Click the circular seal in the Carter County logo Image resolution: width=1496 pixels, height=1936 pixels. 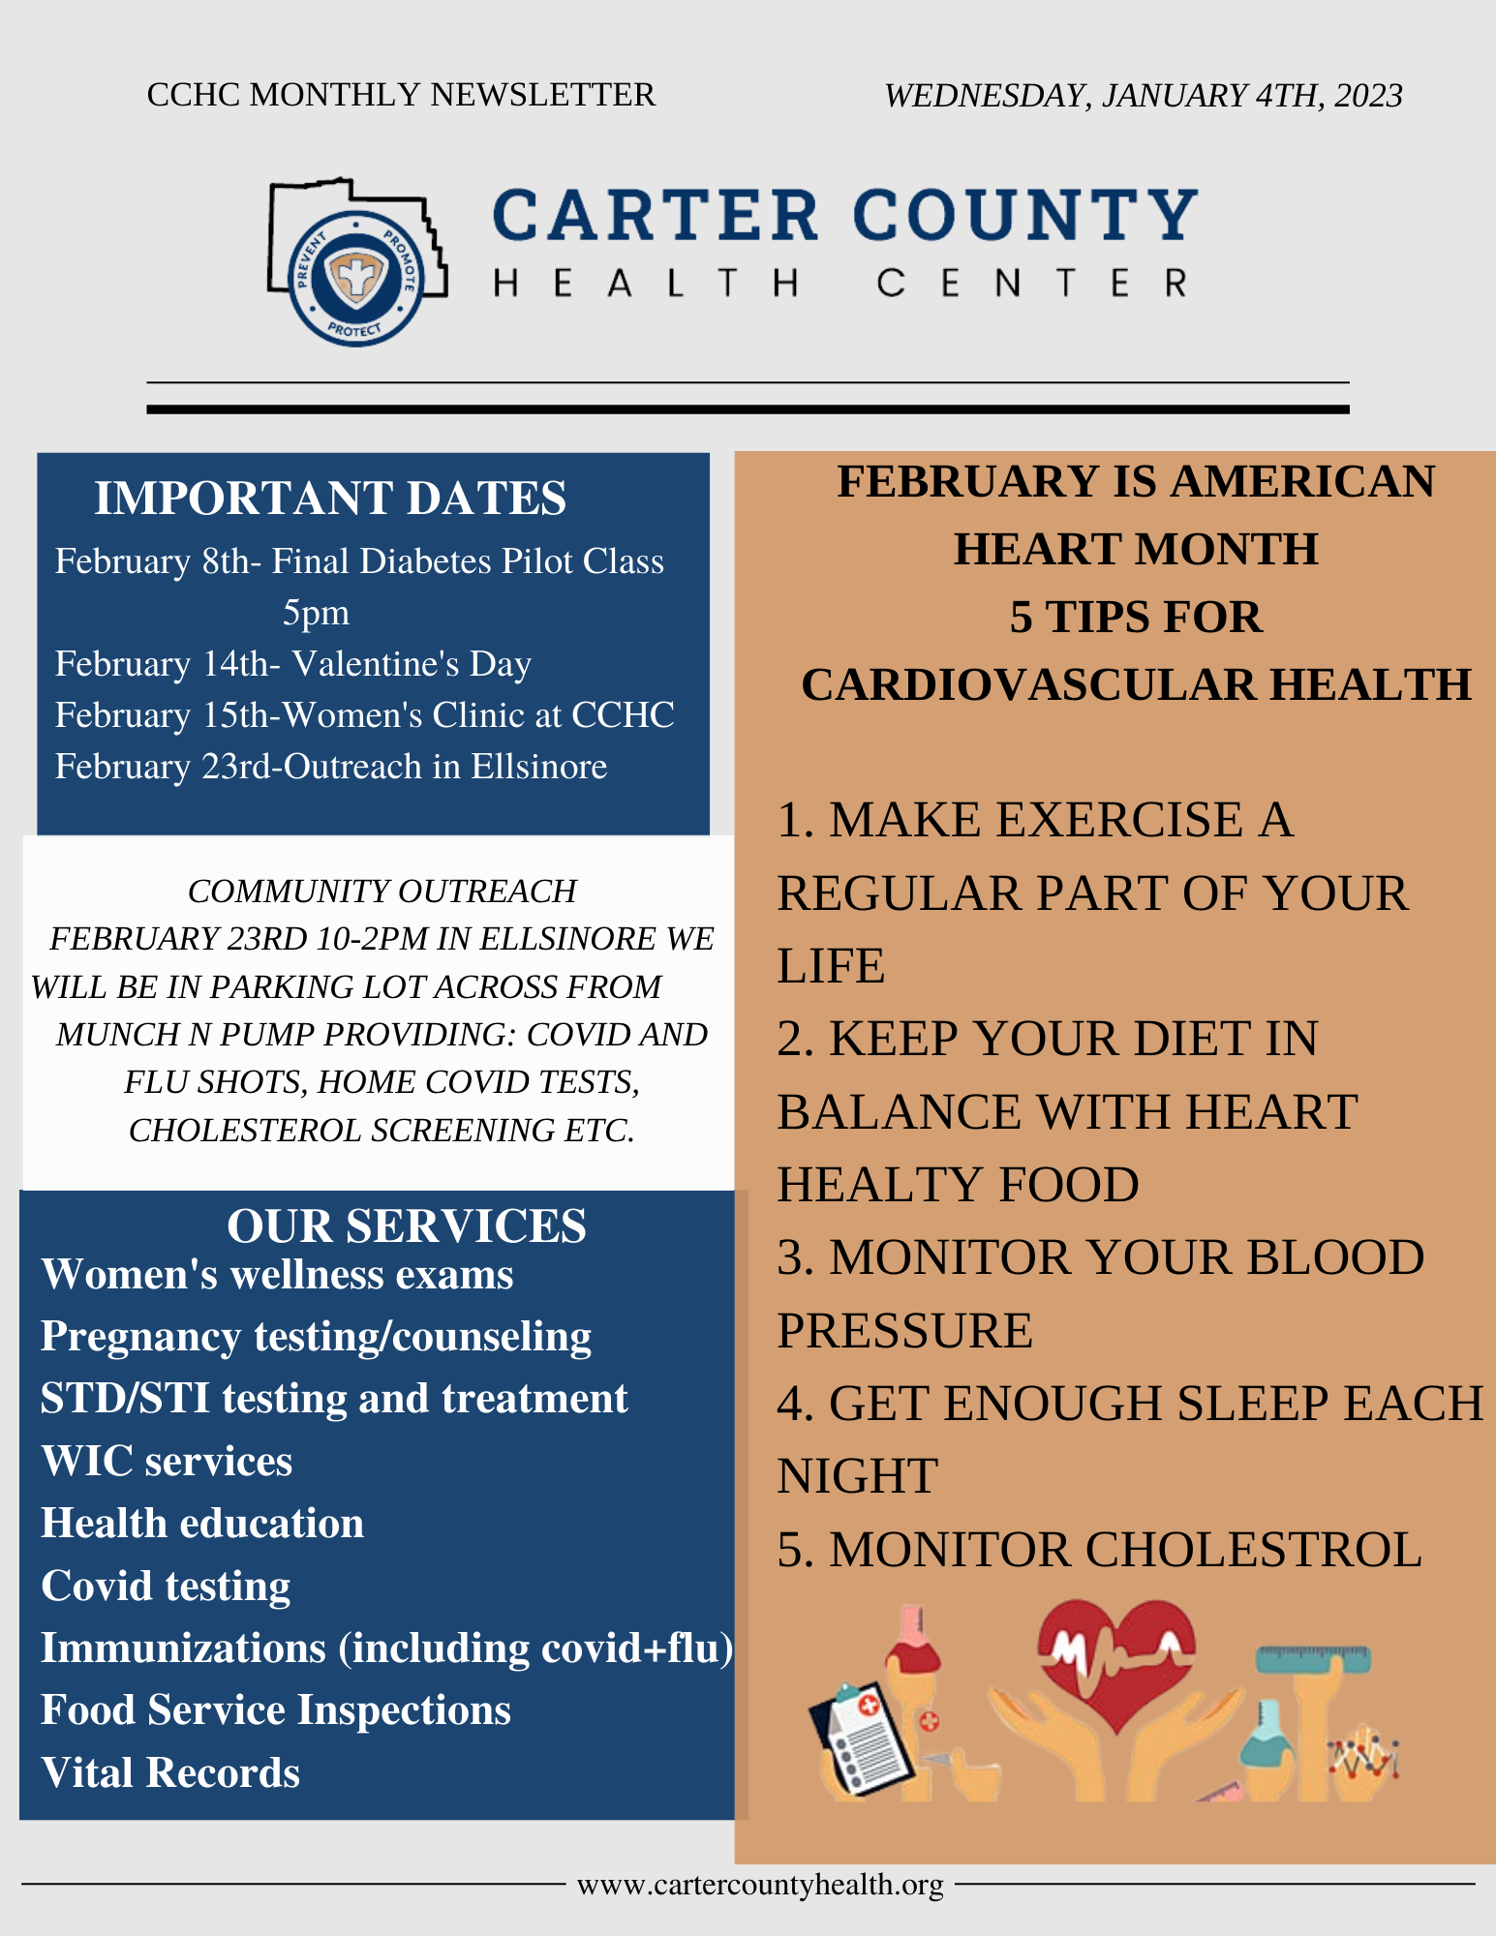point(356,279)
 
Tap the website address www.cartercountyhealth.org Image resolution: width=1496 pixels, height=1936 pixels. point(760,1884)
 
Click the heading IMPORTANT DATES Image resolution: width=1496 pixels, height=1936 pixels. point(330,498)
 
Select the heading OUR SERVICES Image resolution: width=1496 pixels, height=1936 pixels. point(407,1225)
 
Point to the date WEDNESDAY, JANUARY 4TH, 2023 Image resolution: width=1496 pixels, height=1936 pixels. point(1144,95)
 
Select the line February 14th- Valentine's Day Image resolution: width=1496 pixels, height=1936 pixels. point(293,664)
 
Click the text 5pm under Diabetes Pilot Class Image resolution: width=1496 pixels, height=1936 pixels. point(316,614)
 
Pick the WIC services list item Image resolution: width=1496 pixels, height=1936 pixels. point(167,1461)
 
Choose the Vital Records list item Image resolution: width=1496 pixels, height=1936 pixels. point(170,1772)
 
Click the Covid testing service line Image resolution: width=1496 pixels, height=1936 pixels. point(166,1586)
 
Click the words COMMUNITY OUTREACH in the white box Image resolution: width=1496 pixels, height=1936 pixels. point(382,891)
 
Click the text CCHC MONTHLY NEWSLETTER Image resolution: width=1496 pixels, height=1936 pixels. point(401,95)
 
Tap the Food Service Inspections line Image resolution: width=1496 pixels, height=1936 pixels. point(276,1709)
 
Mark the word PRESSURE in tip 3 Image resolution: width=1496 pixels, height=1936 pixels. point(904,1330)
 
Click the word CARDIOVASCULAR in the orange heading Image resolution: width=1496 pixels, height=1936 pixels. point(1028,684)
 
